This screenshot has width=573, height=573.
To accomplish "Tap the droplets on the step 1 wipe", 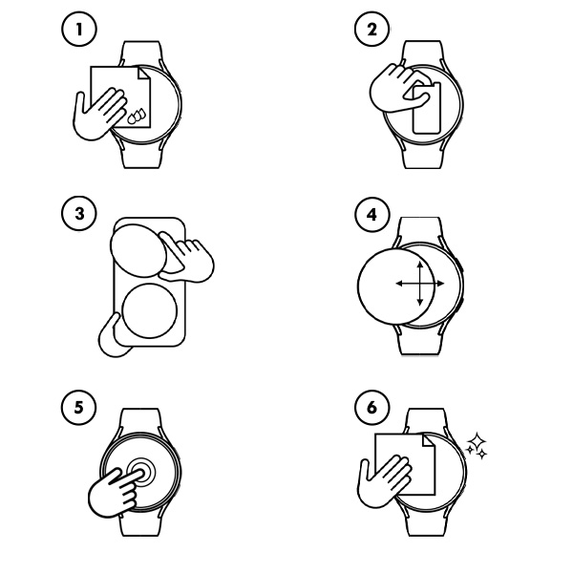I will [138, 117].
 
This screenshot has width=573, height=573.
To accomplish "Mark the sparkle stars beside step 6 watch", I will [476, 445].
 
